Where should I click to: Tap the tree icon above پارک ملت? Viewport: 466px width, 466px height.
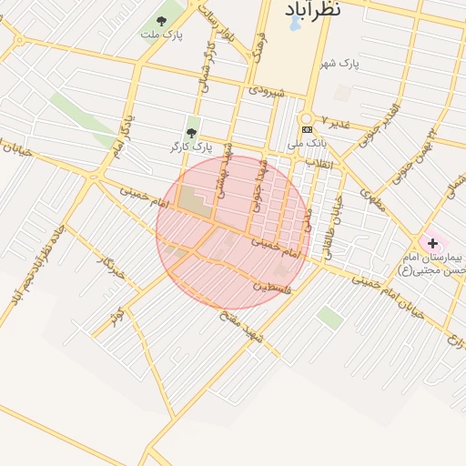[x=162, y=20]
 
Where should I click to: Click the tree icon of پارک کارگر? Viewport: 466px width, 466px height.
[x=190, y=132]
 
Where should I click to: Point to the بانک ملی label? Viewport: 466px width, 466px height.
[x=306, y=144]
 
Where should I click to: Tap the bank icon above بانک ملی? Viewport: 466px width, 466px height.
[x=307, y=130]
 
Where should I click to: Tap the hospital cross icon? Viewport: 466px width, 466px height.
[x=432, y=243]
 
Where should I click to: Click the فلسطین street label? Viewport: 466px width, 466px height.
[x=272, y=286]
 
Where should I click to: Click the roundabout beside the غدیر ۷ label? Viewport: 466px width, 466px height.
[x=306, y=117]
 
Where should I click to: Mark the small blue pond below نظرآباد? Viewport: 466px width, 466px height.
[x=294, y=25]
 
